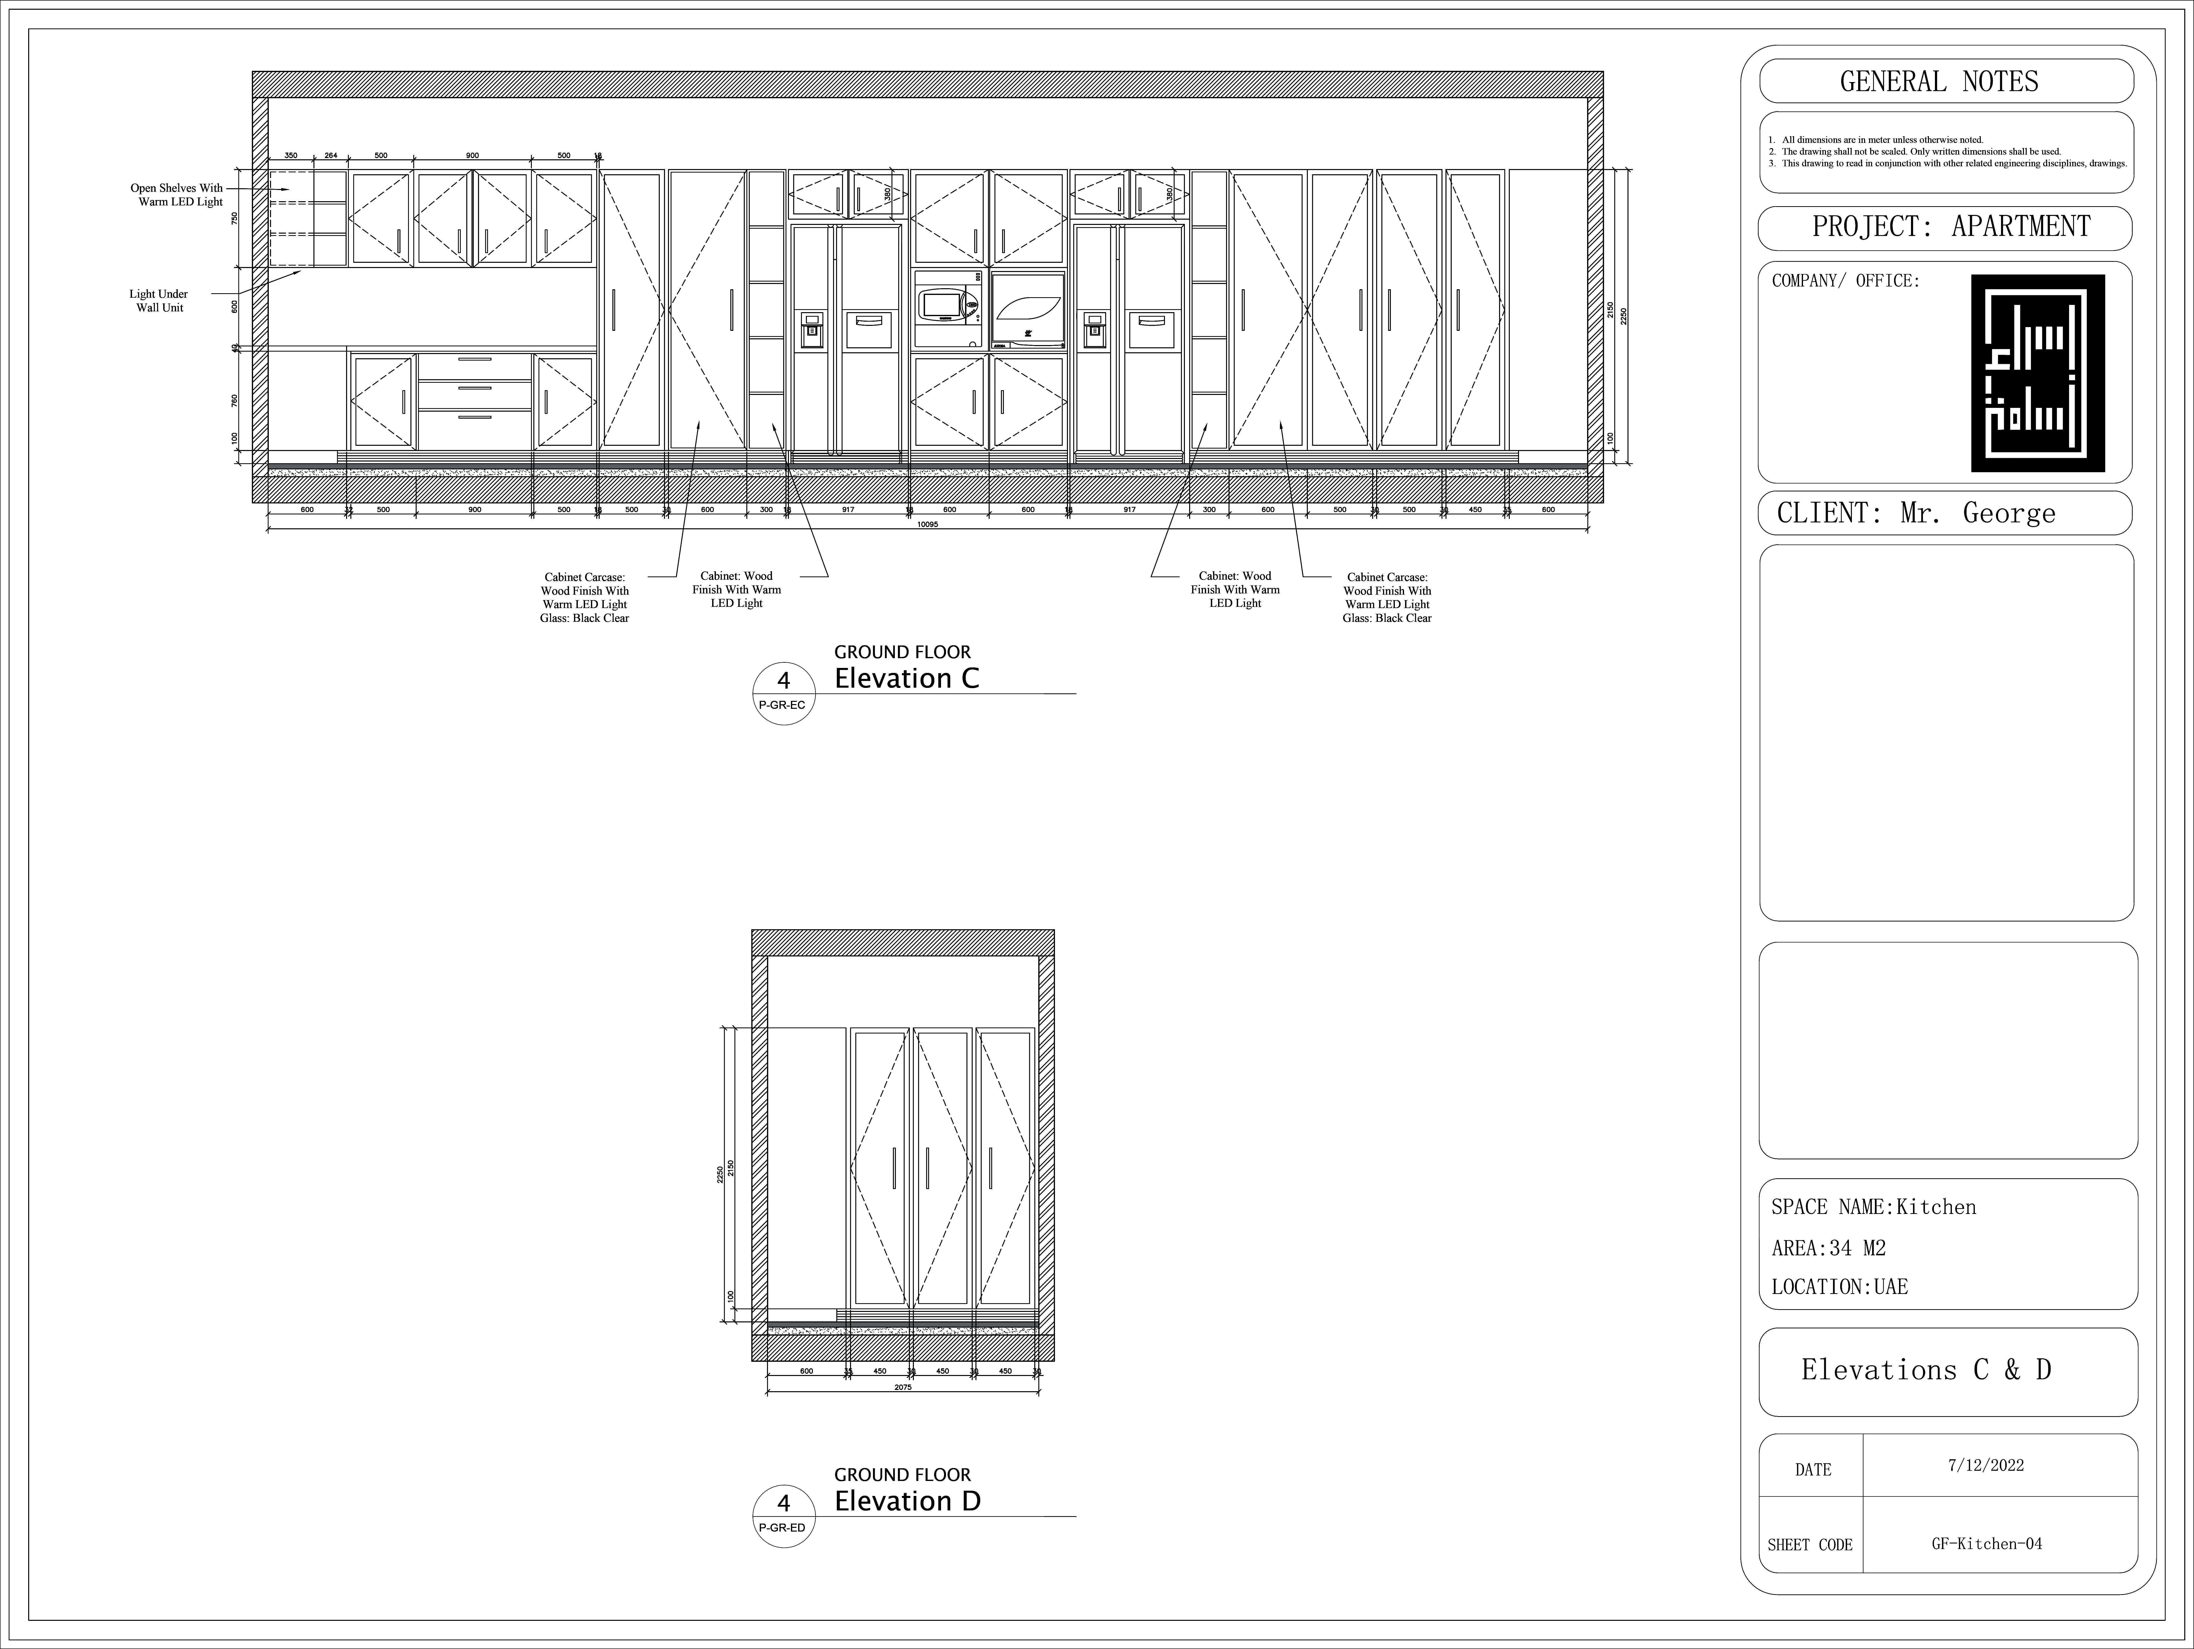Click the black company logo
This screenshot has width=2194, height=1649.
tap(2037, 373)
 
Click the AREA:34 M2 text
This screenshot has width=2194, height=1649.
tap(1828, 1248)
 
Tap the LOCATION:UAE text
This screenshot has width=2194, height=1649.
tap(1839, 1287)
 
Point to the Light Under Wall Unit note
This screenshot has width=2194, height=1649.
tap(159, 300)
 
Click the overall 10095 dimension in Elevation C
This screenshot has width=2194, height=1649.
tap(927, 525)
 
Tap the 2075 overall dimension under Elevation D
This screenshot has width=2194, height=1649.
tap(903, 1387)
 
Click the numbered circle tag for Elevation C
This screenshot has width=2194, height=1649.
tap(783, 691)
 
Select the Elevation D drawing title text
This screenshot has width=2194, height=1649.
tap(907, 1501)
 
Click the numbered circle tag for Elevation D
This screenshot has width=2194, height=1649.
tap(783, 1514)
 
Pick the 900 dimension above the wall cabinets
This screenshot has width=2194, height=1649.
tap(472, 156)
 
